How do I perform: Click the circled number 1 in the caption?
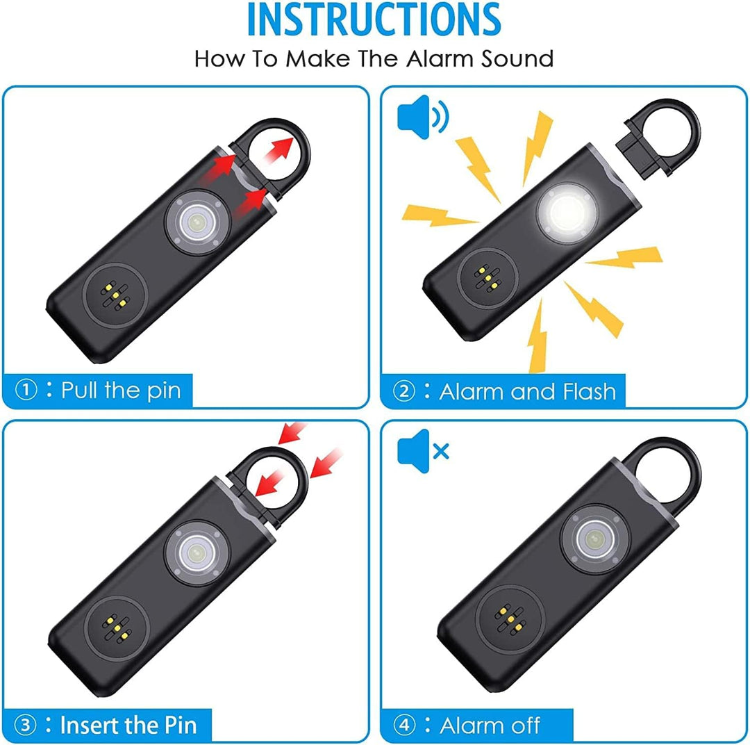click(x=26, y=390)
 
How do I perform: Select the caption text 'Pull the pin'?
click(x=120, y=390)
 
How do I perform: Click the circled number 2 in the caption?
click(x=403, y=391)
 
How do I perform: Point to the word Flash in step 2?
click(x=583, y=391)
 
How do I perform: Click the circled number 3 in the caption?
click(x=26, y=726)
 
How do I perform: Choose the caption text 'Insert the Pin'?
click(x=128, y=726)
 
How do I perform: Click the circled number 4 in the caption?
click(x=403, y=726)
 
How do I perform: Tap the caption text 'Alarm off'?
click(x=490, y=726)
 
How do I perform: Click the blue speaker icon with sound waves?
click(x=422, y=116)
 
